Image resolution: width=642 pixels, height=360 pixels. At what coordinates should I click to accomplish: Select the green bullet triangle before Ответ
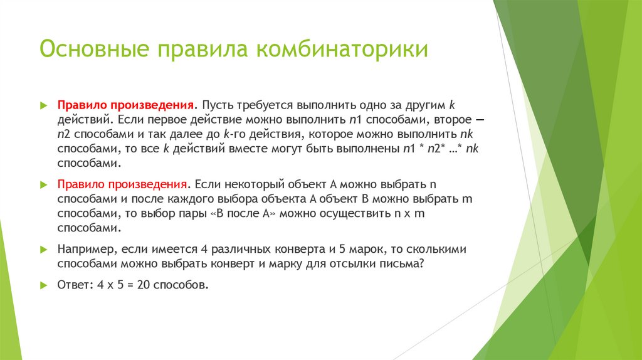(x=43, y=285)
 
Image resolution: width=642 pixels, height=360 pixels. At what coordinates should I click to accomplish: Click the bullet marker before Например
(x=43, y=250)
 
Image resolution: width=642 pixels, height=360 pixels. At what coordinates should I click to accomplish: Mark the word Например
(x=85, y=249)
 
